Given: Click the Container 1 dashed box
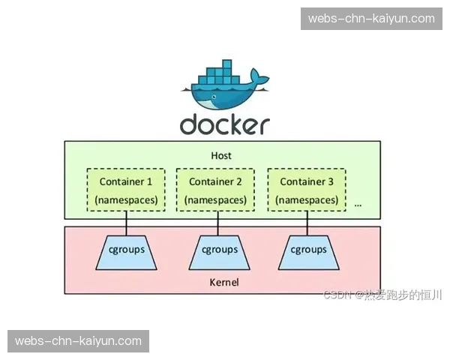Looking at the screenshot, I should [125, 190].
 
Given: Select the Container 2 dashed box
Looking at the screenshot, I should [215, 190].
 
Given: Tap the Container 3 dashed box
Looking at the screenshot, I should [306, 190].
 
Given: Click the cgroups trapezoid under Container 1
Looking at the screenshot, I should [125, 250].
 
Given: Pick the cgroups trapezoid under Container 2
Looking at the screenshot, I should [217, 250].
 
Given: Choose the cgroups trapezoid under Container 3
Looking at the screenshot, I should [308, 250].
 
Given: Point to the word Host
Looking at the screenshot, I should [221, 156].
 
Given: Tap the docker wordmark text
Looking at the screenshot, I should [224, 124].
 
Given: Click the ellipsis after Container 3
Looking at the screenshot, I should [358, 203].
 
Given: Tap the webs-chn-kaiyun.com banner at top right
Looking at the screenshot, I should [371, 18].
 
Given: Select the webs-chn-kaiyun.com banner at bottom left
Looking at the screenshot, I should [78, 341].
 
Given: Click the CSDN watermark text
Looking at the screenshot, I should [382, 295].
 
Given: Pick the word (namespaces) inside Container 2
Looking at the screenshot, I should [215, 199].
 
